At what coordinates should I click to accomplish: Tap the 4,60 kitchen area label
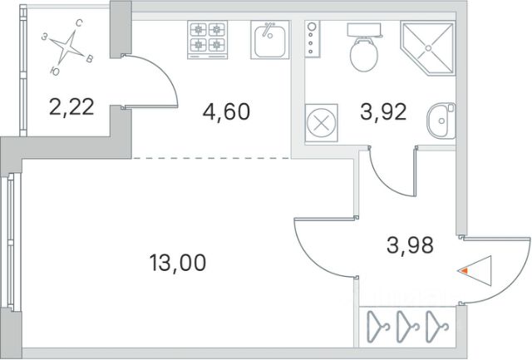point(226,111)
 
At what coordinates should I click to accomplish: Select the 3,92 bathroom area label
point(382,111)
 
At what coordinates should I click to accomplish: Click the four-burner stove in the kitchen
point(208,38)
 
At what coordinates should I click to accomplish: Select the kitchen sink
point(270,40)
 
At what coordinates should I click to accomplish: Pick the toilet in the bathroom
point(363,51)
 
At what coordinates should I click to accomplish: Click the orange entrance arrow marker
point(466,270)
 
